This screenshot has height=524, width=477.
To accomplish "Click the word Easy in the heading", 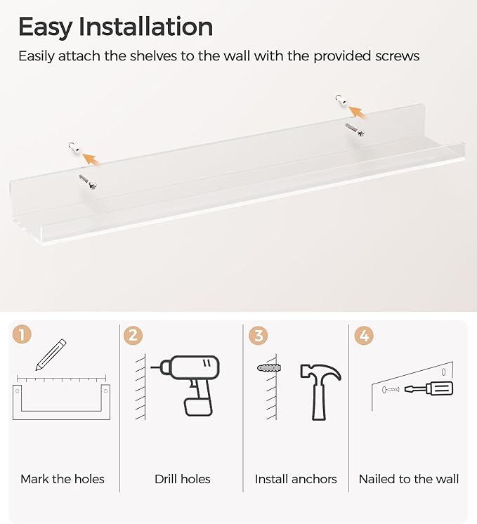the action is point(45,27).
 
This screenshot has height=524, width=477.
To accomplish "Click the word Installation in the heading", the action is point(145,26).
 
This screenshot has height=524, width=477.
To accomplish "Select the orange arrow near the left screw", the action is point(91,159).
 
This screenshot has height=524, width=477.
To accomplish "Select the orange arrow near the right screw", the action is point(357,112).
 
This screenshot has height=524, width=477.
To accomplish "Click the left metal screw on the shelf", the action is point(89,182).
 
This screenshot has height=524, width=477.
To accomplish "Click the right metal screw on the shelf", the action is point(355,130).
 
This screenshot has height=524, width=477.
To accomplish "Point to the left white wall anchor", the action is point(74,148).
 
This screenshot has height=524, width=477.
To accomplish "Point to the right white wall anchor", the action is point(341,100).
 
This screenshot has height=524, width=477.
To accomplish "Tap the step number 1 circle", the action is point(22,334).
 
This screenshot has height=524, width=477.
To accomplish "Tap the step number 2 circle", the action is point(133,335).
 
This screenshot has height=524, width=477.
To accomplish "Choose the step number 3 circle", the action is point(258,336).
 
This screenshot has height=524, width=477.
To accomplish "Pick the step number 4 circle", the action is point(364,336).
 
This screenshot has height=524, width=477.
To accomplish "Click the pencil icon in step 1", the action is point(51,355).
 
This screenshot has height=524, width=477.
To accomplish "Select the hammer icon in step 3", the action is point(320,392).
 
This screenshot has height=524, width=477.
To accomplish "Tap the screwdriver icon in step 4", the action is point(429,388).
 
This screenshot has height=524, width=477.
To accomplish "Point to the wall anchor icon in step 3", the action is point(269,368).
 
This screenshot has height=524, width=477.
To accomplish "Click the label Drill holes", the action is point(183,479).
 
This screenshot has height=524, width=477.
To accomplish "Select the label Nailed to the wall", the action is point(408,479).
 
